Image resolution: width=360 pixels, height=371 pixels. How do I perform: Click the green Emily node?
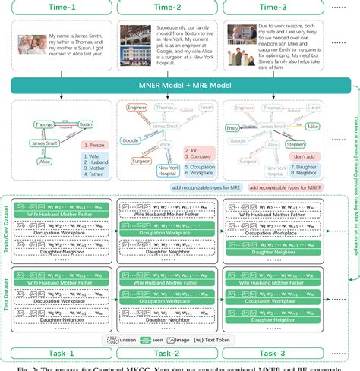(234, 128)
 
